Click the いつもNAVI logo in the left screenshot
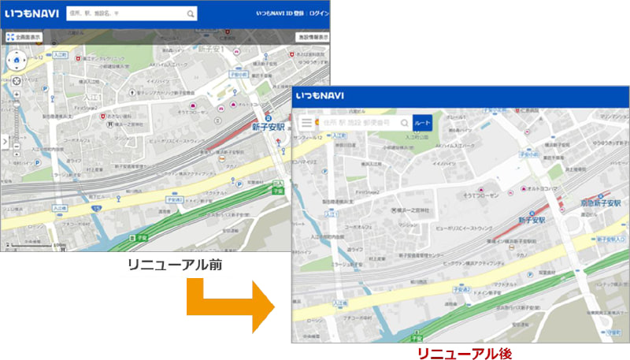[x=30, y=13]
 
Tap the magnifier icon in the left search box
[x=191, y=13]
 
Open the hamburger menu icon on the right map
[x=306, y=123]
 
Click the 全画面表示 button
[x=24, y=37]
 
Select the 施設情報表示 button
[x=312, y=37]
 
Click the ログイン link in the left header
[x=319, y=13]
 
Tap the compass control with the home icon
[x=16, y=61]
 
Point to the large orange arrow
[x=228, y=303]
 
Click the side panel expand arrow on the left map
[x=4, y=143]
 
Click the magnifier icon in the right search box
[x=404, y=124]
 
